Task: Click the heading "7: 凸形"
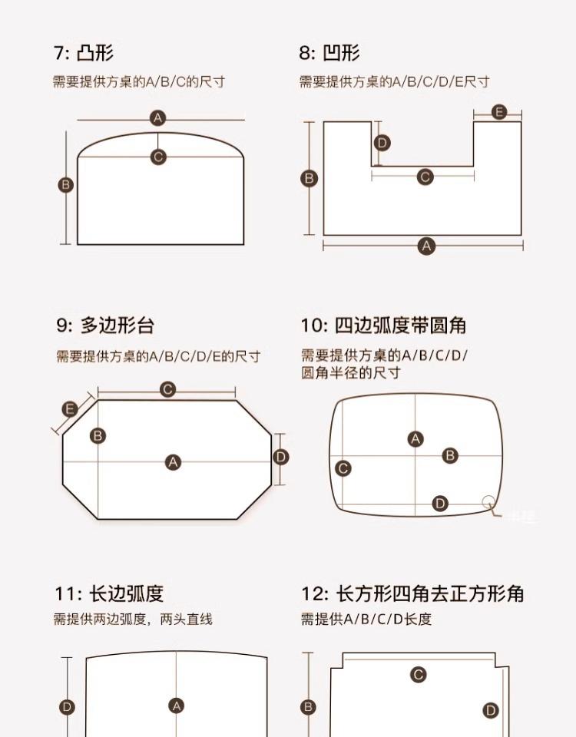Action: click(x=84, y=53)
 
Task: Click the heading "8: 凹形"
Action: click(x=329, y=53)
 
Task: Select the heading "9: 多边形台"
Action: click(x=104, y=325)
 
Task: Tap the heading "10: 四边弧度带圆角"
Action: click(x=383, y=325)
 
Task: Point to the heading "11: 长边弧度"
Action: click(x=109, y=593)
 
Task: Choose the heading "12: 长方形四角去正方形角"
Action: click(x=412, y=593)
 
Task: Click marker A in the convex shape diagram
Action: click(x=158, y=118)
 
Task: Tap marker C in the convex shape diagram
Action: click(x=158, y=157)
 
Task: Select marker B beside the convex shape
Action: click(x=66, y=184)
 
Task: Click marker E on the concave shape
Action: click(x=498, y=112)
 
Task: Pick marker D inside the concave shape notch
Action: click(x=382, y=143)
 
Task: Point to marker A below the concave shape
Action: click(x=426, y=246)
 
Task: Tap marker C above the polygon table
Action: click(x=167, y=389)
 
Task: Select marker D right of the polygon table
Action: click(x=281, y=457)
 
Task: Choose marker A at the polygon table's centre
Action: click(x=174, y=462)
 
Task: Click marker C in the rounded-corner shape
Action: click(x=343, y=468)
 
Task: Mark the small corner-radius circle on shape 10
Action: click(x=488, y=502)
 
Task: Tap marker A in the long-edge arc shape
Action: click(x=177, y=706)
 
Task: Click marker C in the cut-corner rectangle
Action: click(x=419, y=675)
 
